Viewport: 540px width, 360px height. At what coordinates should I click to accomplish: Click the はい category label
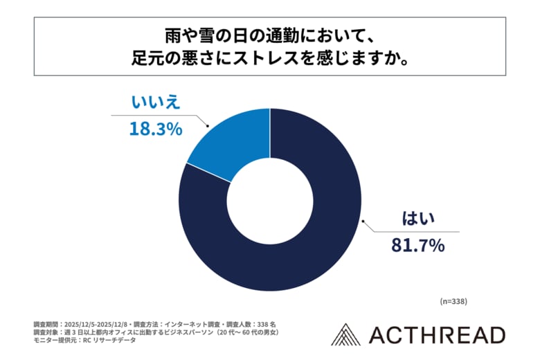coord(417,220)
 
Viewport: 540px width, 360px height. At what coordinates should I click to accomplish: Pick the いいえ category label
coord(156,103)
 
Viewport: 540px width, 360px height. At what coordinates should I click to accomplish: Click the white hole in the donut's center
coord(270,200)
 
